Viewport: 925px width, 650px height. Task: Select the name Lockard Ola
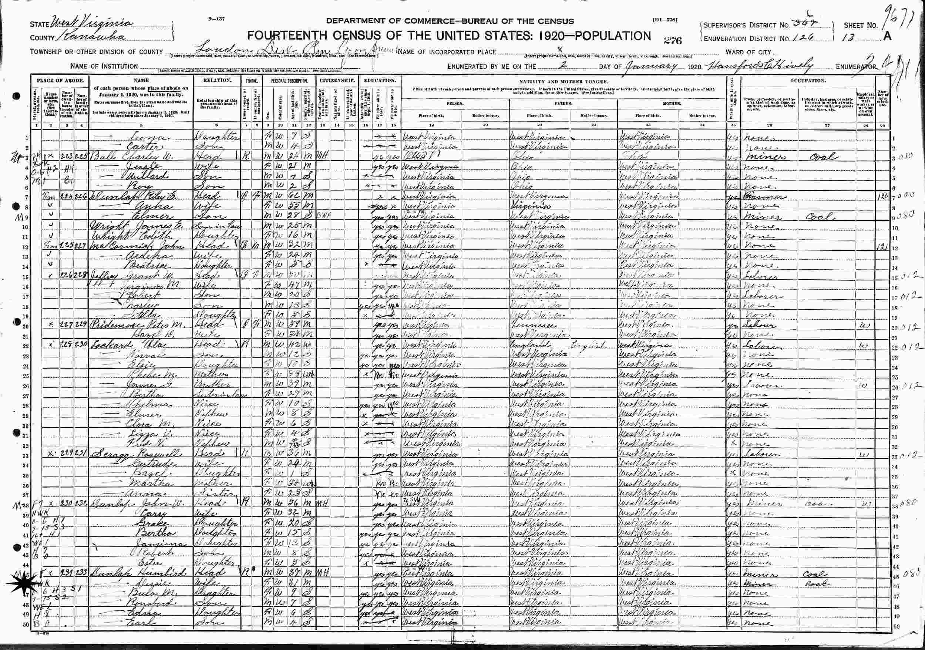117,346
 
